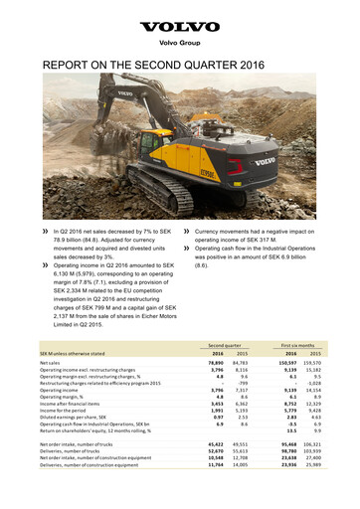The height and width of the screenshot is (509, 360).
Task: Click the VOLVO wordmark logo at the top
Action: pyautogui.click(x=179, y=29)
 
